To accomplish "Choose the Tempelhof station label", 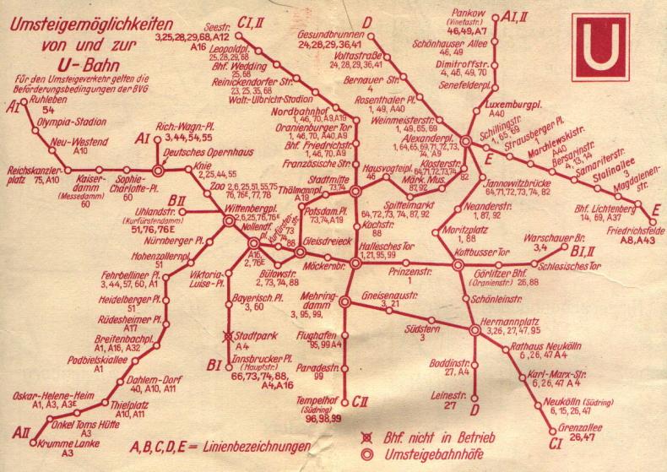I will [310, 400].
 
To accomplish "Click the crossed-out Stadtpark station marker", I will [227, 337].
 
